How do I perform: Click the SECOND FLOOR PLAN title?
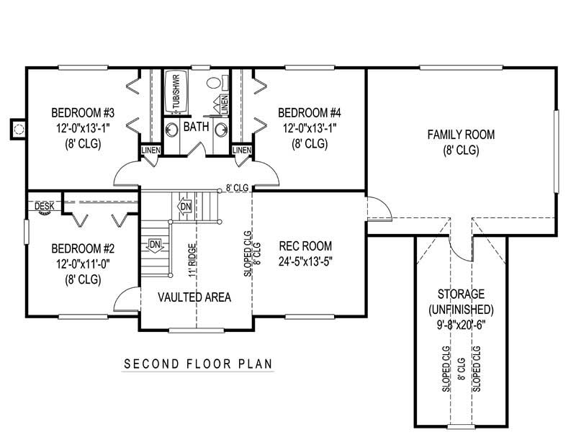[199, 364]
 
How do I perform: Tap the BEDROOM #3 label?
[84, 113]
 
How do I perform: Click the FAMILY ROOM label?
[462, 135]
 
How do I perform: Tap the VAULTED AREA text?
[194, 297]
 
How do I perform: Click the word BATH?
[196, 127]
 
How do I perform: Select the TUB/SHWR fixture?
[174, 91]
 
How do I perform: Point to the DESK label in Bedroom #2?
[45, 206]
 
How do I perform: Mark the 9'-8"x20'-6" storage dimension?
[461, 325]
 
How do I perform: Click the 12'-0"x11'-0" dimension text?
[84, 264]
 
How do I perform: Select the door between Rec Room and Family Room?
[378, 208]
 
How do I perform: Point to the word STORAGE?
[461, 295]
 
